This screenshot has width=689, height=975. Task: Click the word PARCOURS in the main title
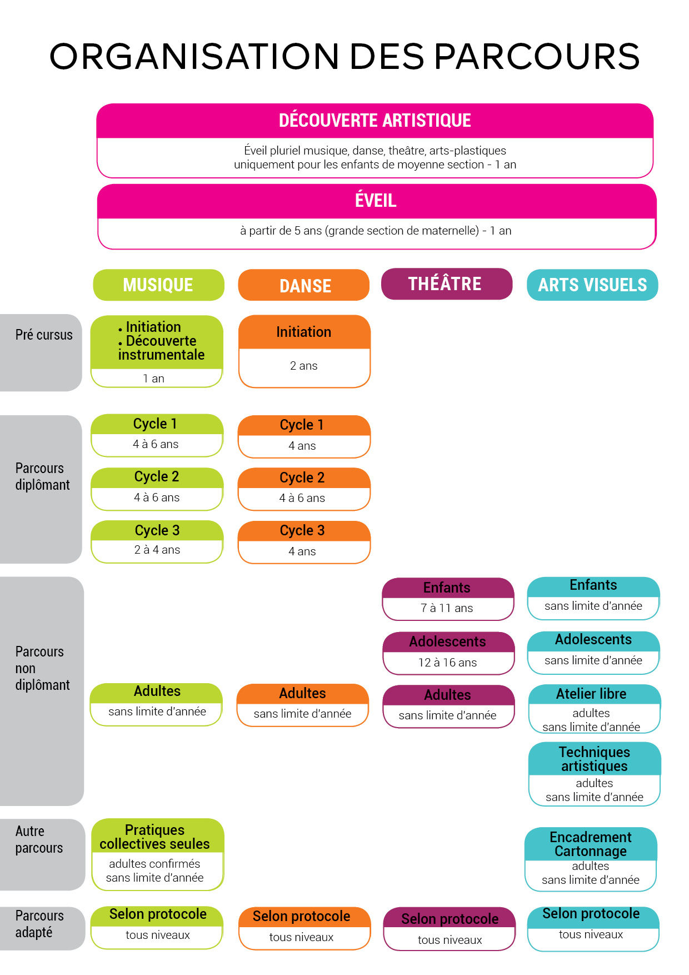coord(536,57)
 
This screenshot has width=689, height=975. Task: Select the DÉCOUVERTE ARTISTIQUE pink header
coord(375,121)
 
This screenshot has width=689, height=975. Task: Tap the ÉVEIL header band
coord(376,201)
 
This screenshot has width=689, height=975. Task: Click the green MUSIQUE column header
coord(158,285)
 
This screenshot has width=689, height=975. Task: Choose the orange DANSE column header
coord(304,286)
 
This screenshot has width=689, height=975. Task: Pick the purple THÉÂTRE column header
coord(445,284)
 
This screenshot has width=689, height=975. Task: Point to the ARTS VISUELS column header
coord(592,285)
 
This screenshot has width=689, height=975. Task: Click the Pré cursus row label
coord(44,335)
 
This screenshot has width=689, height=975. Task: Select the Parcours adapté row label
coord(39,924)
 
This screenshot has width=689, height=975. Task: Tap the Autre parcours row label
coord(39,839)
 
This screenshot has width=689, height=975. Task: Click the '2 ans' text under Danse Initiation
coord(304,366)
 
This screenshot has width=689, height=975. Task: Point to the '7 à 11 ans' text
coord(447,608)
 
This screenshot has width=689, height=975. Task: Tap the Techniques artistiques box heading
coord(594,759)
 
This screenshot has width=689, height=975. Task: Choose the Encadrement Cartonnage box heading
coord(591,844)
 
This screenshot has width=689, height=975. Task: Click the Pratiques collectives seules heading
coord(154,837)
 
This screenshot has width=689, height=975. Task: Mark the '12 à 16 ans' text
coord(447,663)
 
